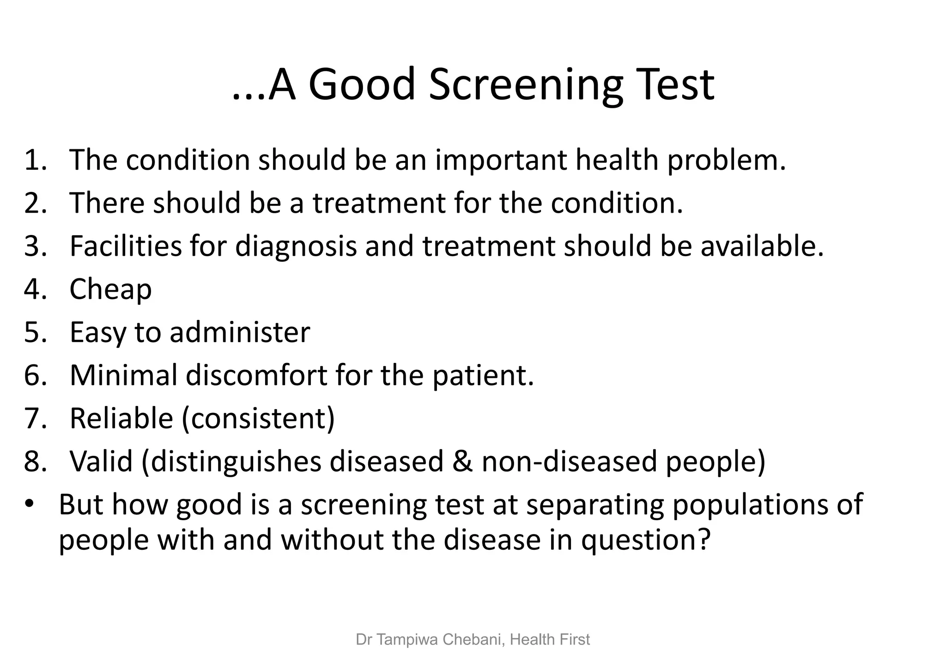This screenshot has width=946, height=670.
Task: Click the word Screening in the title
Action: [x=524, y=85]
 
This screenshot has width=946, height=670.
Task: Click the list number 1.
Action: [x=35, y=160]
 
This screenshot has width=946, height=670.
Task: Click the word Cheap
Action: [x=110, y=290]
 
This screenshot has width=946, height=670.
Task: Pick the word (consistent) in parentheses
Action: [x=258, y=419]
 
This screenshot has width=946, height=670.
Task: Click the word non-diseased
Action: [x=569, y=461]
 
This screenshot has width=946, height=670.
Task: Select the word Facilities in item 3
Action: [x=126, y=246]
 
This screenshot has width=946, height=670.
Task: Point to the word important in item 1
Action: [x=501, y=161]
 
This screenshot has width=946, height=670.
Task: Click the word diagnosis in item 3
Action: [x=296, y=247]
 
